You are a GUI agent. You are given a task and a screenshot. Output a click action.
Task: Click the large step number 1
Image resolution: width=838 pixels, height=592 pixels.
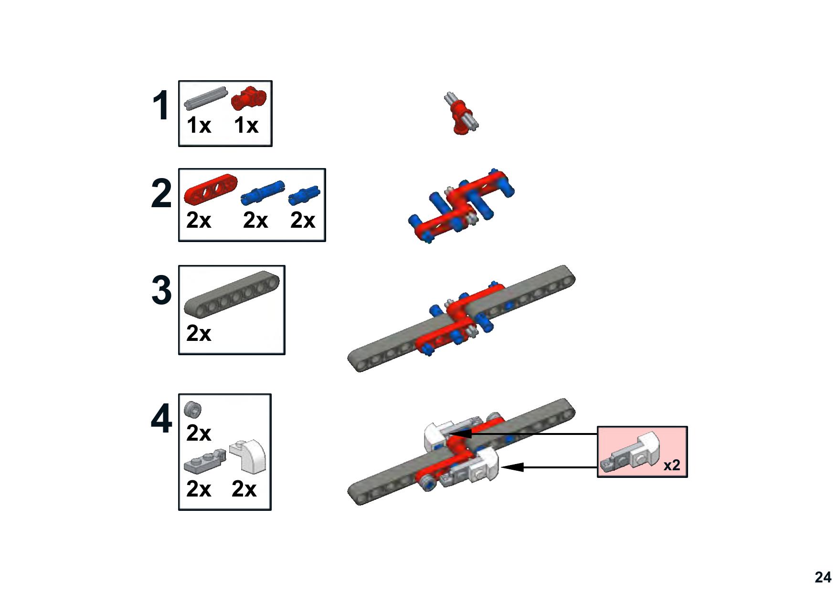tap(161, 106)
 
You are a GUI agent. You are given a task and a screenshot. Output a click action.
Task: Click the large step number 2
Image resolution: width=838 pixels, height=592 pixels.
tap(161, 193)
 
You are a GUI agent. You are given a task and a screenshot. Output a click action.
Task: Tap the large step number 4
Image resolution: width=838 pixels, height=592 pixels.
tap(161, 419)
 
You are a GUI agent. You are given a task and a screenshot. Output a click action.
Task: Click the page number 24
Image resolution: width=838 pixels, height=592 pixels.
tap(823, 577)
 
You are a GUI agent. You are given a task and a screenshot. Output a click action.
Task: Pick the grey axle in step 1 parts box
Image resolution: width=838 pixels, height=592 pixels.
tap(205, 98)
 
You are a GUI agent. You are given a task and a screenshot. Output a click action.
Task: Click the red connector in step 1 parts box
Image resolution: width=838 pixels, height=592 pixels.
tap(249, 99)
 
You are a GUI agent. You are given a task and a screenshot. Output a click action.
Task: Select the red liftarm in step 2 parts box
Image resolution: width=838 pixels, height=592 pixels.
tap(211, 189)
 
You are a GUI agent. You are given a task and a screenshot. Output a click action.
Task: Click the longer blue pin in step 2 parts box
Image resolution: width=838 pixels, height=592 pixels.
tap(262, 192)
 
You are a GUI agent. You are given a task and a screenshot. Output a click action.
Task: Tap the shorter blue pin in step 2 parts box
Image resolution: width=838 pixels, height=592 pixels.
tap(304, 195)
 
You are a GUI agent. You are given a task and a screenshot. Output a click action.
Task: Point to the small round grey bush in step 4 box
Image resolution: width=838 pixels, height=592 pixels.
tap(193, 409)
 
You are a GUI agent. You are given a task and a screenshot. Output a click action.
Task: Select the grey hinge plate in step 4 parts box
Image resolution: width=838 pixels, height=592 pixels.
tap(205, 460)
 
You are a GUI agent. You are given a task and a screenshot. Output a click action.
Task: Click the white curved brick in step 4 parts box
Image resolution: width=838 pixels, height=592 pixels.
tap(248, 456)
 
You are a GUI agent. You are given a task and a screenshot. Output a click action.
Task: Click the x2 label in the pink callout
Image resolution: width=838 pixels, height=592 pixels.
tap(672, 465)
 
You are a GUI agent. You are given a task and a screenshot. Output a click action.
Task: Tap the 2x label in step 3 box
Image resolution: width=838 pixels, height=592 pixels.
tap(199, 333)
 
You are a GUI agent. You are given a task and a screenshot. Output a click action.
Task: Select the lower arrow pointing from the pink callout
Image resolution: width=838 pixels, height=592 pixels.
tap(549, 467)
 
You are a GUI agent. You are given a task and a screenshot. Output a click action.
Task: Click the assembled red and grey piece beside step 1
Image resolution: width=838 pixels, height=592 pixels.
tap(461, 113)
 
